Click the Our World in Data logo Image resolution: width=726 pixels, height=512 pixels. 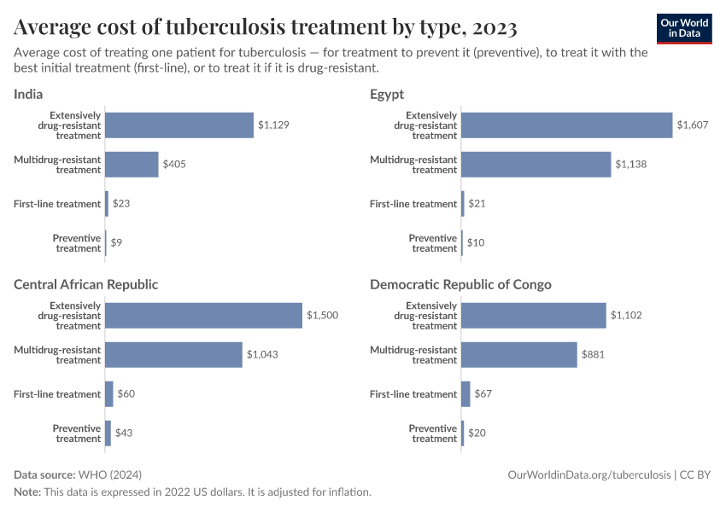click(683, 28)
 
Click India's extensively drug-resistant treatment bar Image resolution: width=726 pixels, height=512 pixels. click(179, 125)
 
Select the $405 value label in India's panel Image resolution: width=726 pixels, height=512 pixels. click(174, 164)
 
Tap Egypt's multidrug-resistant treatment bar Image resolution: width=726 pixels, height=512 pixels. click(536, 164)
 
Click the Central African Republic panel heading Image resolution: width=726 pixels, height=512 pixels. click(85, 284)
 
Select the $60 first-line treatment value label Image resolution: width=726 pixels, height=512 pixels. click(126, 394)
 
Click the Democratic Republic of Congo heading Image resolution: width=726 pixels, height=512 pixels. click(460, 284)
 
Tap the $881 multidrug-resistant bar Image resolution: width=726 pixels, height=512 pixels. click(518, 354)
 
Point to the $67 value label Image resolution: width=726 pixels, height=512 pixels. click(483, 394)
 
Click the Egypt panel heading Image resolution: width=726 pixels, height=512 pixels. click(387, 94)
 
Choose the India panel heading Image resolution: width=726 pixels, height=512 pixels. click(28, 94)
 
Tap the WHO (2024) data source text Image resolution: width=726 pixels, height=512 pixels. click(109, 474)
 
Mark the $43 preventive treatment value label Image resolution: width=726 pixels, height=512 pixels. click(124, 433)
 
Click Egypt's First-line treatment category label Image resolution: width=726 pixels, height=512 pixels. click(413, 204)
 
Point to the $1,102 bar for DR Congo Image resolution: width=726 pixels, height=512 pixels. click(533, 316)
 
